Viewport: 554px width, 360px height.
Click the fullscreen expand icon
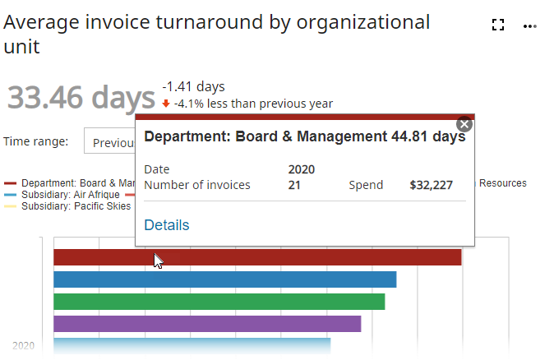click(496, 25)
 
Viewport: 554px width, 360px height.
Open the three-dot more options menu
click(529, 25)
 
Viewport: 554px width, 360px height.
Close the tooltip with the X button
click(464, 125)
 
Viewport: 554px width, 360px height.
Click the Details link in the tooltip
click(166, 225)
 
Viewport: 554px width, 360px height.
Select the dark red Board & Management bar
click(312, 257)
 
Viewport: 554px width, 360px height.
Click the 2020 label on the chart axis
click(23, 346)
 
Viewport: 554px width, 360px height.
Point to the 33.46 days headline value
click(81, 97)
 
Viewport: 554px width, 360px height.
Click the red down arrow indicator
click(166, 104)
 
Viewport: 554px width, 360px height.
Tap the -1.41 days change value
click(193, 86)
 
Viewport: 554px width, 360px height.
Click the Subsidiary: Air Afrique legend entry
click(70, 195)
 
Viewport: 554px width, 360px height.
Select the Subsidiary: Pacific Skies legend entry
click(76, 206)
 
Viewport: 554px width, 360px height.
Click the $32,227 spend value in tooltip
click(431, 185)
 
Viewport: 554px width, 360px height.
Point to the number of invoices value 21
click(294, 185)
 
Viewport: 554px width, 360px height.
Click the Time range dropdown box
click(110, 142)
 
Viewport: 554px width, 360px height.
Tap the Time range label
click(35, 141)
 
